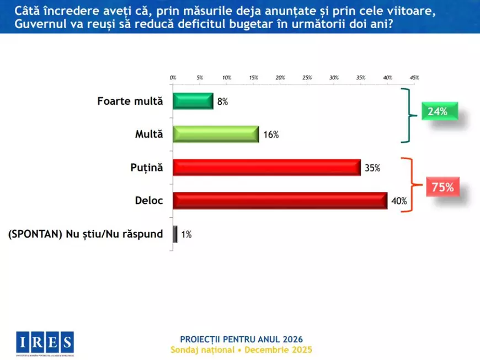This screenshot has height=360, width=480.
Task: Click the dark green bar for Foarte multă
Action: pos(193,101)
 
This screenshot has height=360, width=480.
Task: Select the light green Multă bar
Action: pos(216,135)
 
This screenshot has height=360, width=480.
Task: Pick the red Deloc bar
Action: pos(280,201)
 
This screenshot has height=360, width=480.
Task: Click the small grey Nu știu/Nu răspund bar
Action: pos(175,234)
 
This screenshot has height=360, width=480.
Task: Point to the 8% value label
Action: pos(222,102)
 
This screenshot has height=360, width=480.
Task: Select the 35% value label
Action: pos(373,168)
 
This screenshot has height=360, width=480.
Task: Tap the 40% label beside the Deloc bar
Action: pos(399,201)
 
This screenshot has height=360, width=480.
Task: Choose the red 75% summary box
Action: pos(442,187)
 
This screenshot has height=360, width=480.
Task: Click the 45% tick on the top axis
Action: pos(414,78)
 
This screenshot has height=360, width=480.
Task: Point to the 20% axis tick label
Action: pos(280,78)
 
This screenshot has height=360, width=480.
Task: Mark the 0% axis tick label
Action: pos(173,78)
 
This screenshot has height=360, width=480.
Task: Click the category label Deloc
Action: pos(149,201)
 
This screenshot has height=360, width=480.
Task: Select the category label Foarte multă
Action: pos(130,101)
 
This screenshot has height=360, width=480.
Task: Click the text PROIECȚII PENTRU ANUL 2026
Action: pos(242,339)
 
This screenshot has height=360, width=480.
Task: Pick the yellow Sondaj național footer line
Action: pos(242,350)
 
